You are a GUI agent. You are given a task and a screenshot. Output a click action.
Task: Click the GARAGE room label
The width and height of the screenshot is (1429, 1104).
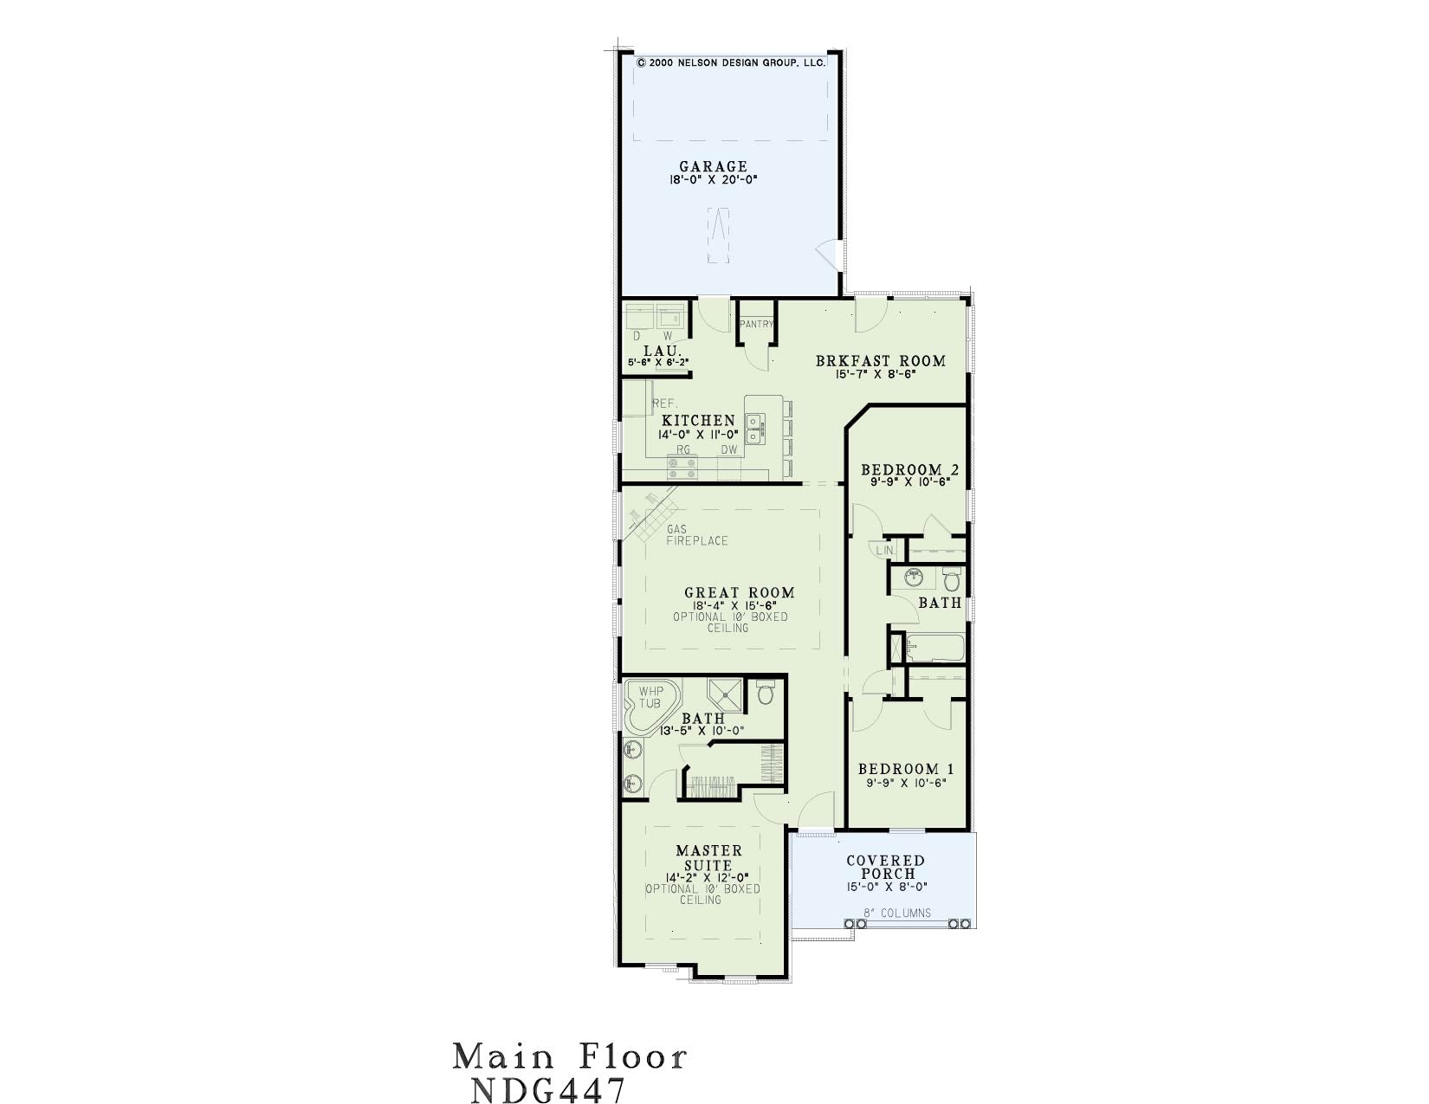[x=713, y=167]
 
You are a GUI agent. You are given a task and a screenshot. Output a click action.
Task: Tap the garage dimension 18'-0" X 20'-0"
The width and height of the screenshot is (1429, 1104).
[x=713, y=179]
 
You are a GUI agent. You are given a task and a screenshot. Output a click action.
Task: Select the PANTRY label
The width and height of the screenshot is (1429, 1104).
[x=756, y=324]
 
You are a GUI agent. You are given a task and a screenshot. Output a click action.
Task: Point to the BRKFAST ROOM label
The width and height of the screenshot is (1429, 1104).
[x=881, y=361]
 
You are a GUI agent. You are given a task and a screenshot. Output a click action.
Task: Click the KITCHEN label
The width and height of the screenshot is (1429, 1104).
[x=698, y=421]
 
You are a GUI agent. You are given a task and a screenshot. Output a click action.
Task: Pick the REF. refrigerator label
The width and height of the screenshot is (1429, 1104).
[x=664, y=404]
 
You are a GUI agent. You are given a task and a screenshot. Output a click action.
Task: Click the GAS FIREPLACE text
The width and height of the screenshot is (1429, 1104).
[x=697, y=535]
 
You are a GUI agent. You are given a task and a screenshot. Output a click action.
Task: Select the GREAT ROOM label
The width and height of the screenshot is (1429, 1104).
[x=740, y=593]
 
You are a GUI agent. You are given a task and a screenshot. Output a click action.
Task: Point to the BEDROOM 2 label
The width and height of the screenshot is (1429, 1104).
[x=909, y=469]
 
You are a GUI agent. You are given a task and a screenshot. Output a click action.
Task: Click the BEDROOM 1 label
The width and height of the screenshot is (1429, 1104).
[x=906, y=769]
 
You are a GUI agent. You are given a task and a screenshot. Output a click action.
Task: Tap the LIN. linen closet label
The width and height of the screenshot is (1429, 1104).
[x=885, y=551]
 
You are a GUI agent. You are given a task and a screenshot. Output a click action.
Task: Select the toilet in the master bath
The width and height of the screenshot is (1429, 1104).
[x=766, y=693]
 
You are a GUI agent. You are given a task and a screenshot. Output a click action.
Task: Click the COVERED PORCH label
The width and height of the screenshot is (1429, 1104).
[x=886, y=868]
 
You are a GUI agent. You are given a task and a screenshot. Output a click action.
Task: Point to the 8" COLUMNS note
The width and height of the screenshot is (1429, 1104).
[x=897, y=913]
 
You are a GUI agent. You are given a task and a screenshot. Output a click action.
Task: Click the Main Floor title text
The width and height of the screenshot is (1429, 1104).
[x=570, y=1057]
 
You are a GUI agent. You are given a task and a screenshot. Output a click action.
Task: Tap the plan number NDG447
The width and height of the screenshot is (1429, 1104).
[x=548, y=1090]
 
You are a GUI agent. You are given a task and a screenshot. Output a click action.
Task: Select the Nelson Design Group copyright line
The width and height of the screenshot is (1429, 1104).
[x=731, y=63]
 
